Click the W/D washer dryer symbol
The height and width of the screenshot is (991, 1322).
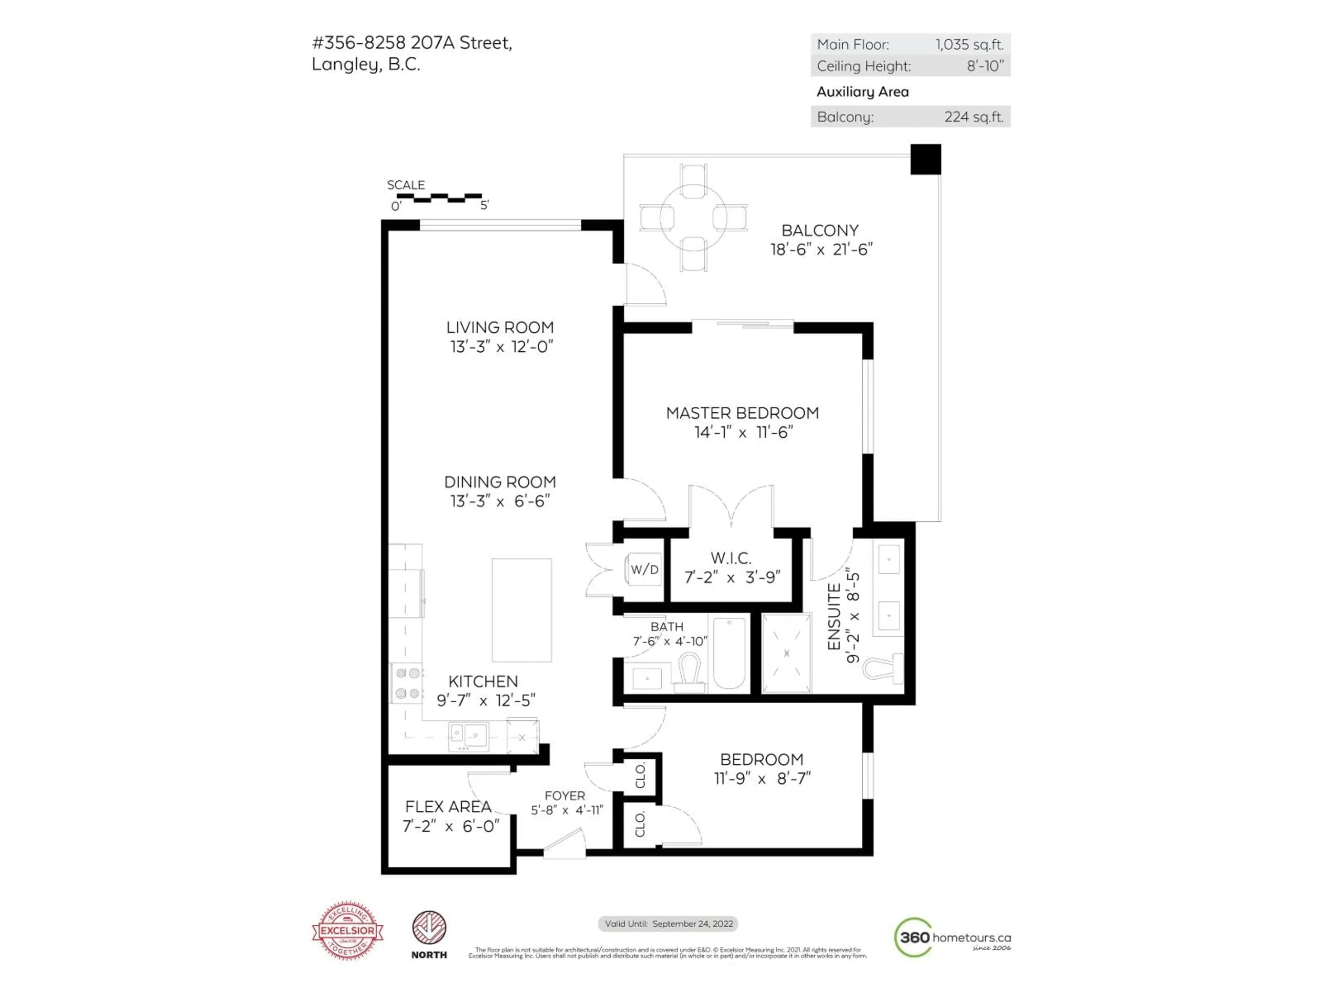point(644,569)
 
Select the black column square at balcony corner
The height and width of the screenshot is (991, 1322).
point(925,160)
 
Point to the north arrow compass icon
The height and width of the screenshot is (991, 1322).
point(429,928)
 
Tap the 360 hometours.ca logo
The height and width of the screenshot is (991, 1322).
point(952,937)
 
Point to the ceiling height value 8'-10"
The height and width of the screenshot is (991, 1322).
point(985,66)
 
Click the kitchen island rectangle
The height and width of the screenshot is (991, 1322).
point(521,610)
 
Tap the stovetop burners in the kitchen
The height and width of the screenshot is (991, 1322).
point(407,683)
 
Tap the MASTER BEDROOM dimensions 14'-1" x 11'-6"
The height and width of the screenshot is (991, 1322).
point(743,432)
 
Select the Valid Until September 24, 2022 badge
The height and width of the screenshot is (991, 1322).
point(668,924)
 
